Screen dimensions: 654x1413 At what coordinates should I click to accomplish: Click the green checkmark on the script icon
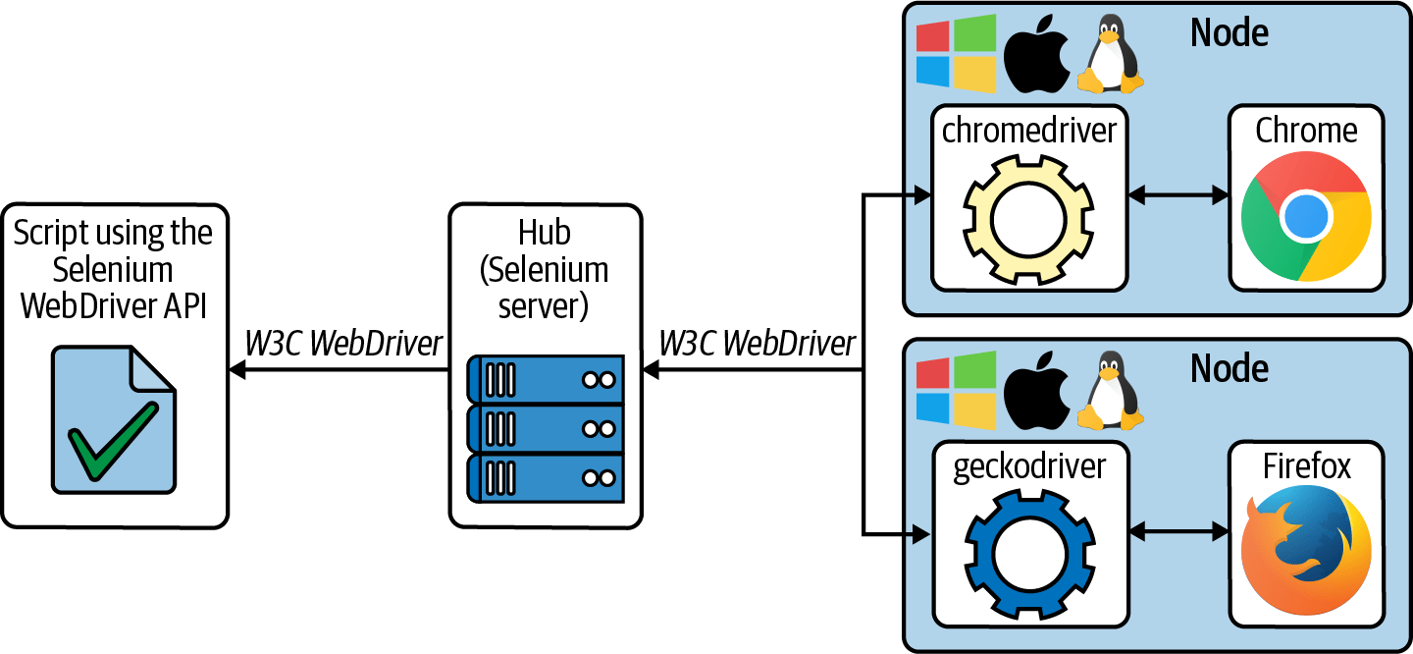111,442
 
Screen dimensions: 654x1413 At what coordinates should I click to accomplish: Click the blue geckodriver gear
1028,554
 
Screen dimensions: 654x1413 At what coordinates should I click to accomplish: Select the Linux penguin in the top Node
1111,57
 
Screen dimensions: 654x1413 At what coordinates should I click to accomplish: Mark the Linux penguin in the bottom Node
1111,392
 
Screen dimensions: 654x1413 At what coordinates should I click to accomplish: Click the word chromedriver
1028,131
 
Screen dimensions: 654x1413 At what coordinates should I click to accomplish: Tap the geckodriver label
1028,466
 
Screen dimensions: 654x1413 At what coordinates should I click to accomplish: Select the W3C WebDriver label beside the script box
343,344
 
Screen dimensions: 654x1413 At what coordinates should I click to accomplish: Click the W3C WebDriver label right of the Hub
757,344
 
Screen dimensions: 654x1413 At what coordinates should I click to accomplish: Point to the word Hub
545,233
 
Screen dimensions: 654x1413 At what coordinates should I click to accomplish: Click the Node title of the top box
1229,32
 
